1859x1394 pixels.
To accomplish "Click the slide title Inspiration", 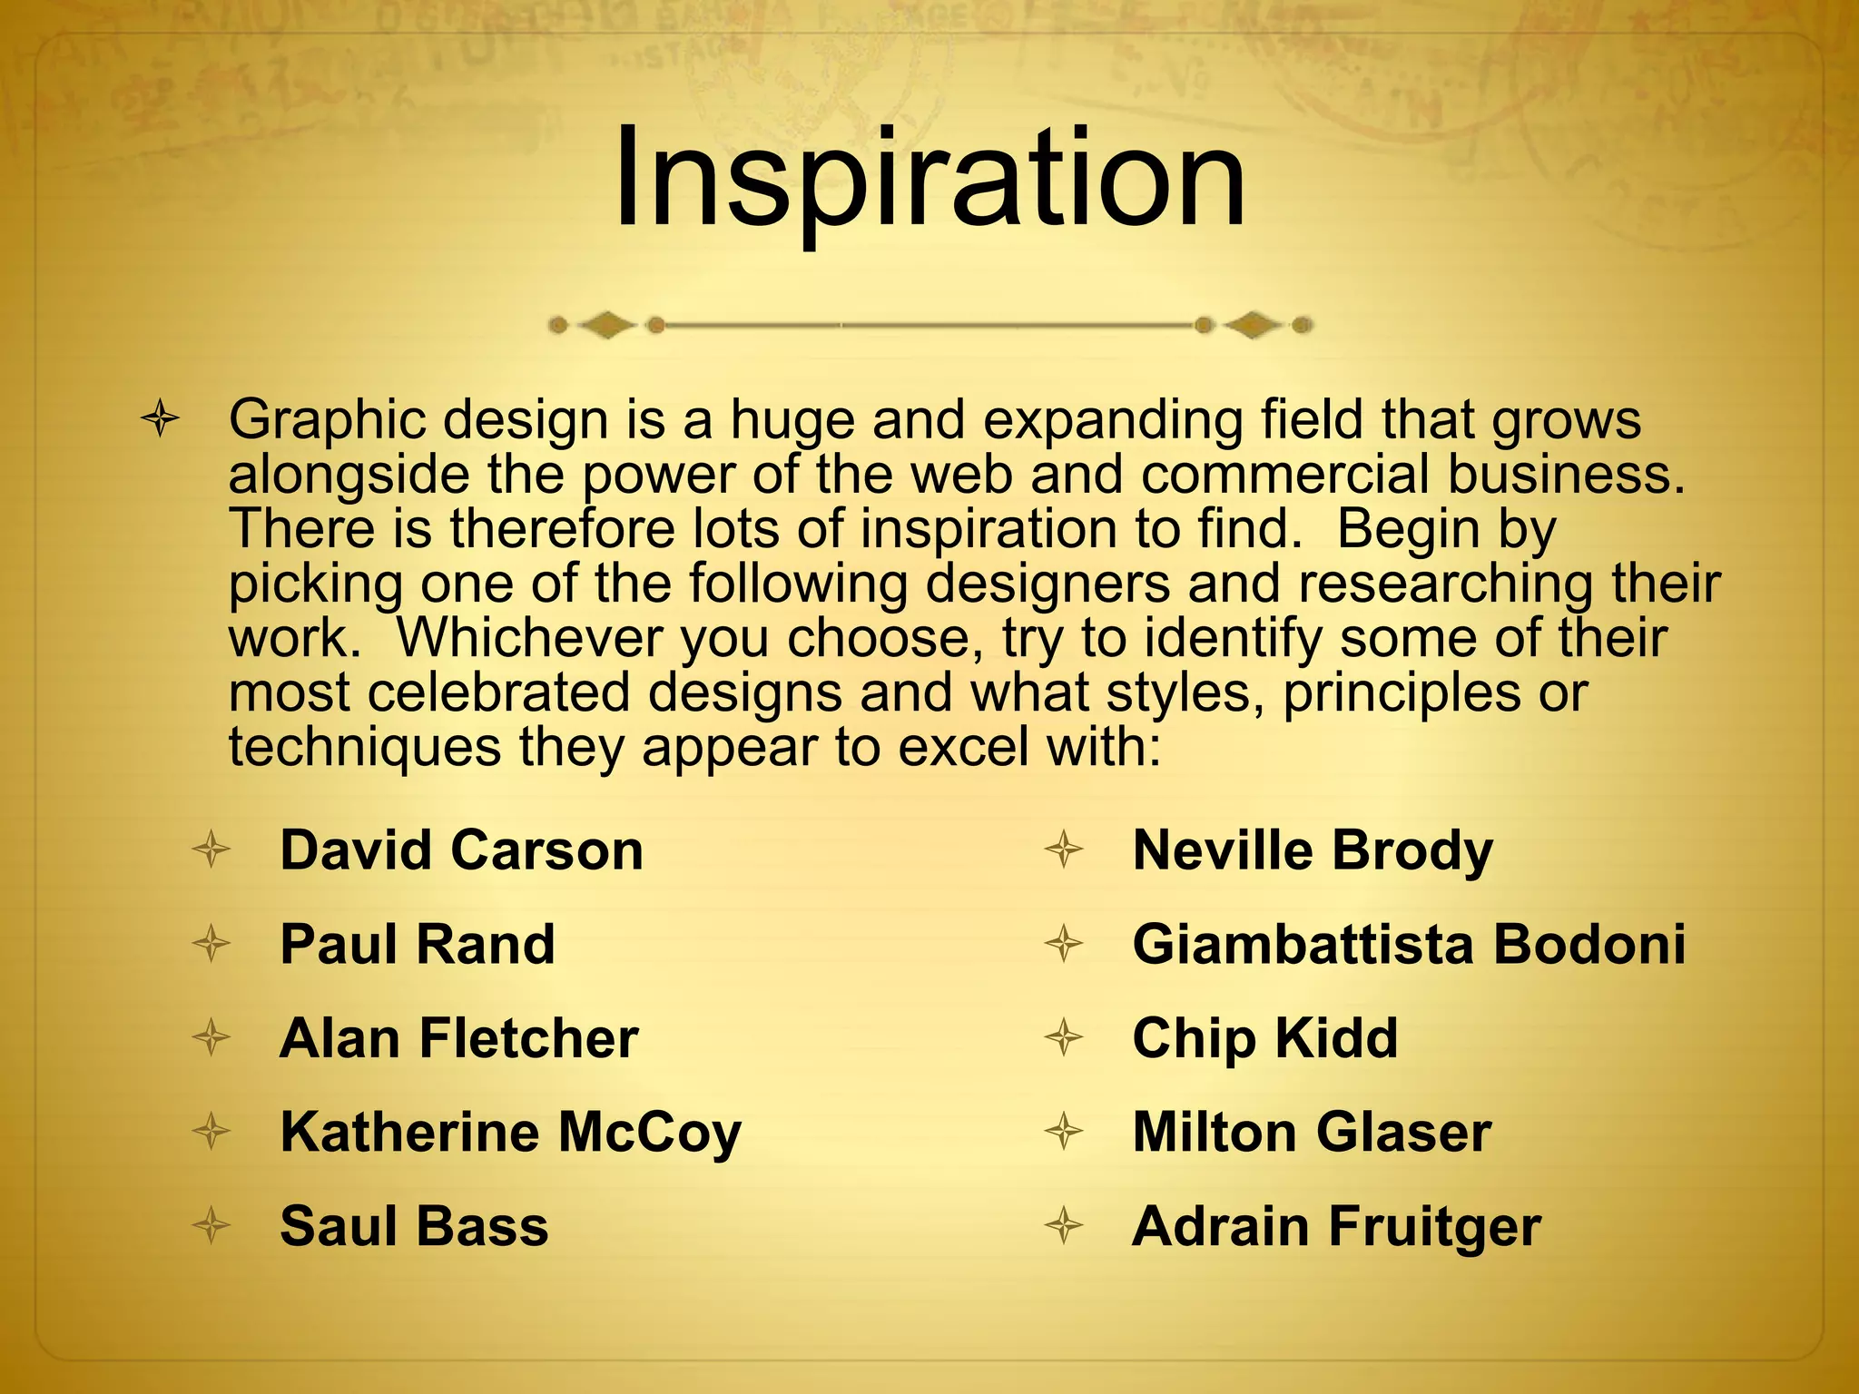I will [929, 180].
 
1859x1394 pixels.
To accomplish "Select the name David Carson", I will [461, 850].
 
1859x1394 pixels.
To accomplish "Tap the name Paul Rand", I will [418, 944].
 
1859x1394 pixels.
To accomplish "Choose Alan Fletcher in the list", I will [459, 1038].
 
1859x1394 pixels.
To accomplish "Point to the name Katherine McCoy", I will [511, 1133].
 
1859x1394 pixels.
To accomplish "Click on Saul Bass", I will [414, 1226].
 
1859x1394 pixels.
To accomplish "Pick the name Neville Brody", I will [1313, 850].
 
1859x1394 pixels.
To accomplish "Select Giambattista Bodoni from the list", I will [1409, 944].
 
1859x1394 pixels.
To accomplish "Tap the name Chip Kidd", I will [1265, 1038].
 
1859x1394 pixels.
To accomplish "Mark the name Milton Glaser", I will [1312, 1133].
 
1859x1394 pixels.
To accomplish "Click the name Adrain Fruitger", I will [1336, 1226].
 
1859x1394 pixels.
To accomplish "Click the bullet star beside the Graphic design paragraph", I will [160, 420].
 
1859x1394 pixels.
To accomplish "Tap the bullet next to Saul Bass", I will [211, 1226].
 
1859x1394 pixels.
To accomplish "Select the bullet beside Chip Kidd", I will [1064, 1038].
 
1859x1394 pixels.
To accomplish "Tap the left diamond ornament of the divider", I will [606, 324].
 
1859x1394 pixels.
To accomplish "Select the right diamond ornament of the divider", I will [1254, 324].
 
